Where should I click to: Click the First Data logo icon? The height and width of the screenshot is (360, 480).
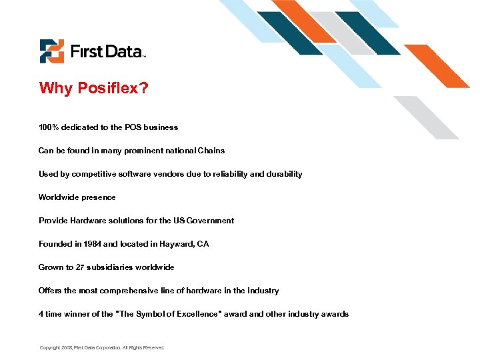click(52, 51)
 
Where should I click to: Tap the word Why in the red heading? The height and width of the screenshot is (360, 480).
click(54, 89)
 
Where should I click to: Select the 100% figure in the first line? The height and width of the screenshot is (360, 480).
click(48, 127)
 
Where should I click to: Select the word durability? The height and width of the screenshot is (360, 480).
click(284, 173)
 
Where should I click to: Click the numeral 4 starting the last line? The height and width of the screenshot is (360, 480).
click(41, 313)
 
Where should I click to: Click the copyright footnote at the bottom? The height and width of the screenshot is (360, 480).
click(101, 347)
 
